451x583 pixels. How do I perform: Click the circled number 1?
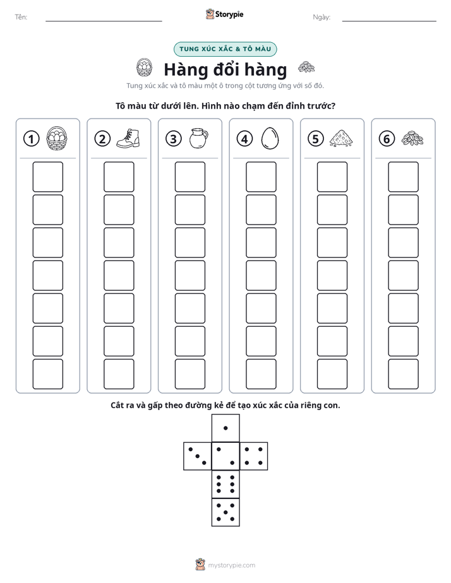point(31,139)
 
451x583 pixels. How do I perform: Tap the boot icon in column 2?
point(128,138)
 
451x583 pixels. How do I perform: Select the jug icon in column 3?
point(199,138)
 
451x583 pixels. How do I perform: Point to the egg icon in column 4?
point(270,139)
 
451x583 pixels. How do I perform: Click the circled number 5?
point(316,139)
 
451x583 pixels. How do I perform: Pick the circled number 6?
point(387,139)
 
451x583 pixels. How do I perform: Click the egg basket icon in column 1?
point(57,138)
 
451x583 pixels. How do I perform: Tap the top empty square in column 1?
point(47,177)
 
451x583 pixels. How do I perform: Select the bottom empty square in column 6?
point(403,374)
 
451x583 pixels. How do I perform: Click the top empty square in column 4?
point(261,177)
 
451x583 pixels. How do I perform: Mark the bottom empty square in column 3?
point(189,374)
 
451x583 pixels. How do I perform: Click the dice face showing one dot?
point(225,428)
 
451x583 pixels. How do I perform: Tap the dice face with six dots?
point(225,484)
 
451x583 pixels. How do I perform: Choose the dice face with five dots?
point(225,512)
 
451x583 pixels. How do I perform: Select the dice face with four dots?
point(254,456)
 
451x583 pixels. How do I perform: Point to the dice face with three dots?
point(198,456)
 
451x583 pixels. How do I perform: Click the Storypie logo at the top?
point(224,14)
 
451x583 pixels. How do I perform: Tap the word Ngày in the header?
point(322,17)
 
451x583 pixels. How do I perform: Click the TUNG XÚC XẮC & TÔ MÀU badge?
point(225,49)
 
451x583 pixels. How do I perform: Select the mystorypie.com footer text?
point(231,565)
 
